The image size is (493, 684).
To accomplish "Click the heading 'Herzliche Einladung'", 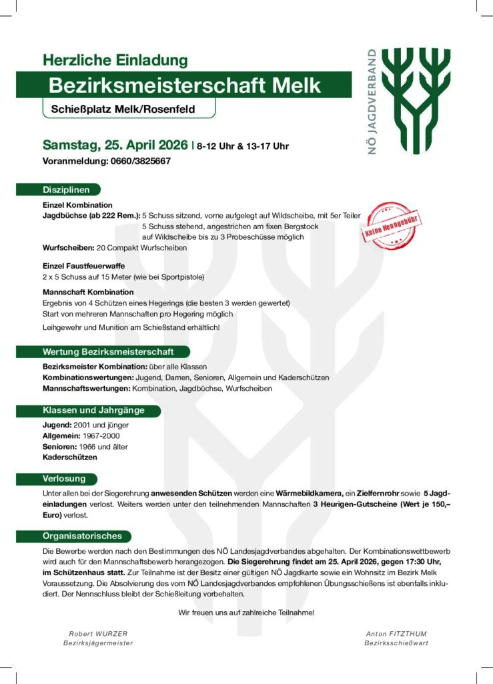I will [115, 60].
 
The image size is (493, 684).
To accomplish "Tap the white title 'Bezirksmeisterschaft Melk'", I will [184, 85].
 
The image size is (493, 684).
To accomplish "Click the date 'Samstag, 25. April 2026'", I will [115, 145].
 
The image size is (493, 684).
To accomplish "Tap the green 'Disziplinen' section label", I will [67, 190].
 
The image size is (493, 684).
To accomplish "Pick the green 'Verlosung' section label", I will [65, 479].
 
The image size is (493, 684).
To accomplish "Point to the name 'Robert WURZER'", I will [98, 633].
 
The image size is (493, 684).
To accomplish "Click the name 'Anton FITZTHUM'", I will [396, 633].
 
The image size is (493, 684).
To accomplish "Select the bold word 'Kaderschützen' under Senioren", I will [70, 458].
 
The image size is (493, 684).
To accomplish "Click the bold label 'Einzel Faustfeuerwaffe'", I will [83, 266].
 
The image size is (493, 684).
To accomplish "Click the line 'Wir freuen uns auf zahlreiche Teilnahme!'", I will [246, 612].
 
